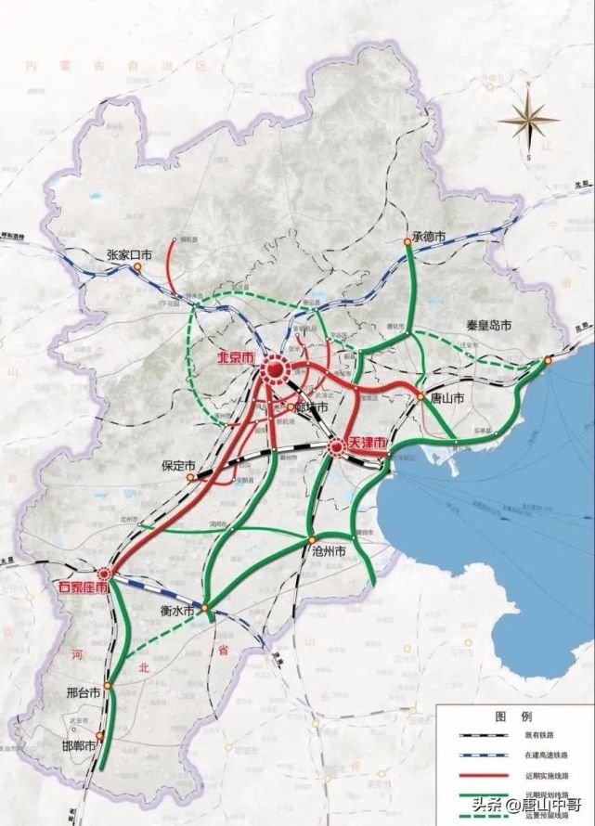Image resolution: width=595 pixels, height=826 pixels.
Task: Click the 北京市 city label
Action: point(237,356)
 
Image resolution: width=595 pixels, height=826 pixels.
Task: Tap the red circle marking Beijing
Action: point(275,371)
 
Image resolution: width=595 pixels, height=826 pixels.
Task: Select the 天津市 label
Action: point(367,445)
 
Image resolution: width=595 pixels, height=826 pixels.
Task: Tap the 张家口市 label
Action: point(129,253)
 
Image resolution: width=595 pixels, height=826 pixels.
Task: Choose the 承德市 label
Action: point(430,238)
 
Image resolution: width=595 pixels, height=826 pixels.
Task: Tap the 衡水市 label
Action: point(175,611)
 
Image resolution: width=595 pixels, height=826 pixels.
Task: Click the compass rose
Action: point(526,119)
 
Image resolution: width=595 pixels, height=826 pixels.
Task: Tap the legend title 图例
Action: point(511,717)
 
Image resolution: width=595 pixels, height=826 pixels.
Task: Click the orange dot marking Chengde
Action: point(407,242)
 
